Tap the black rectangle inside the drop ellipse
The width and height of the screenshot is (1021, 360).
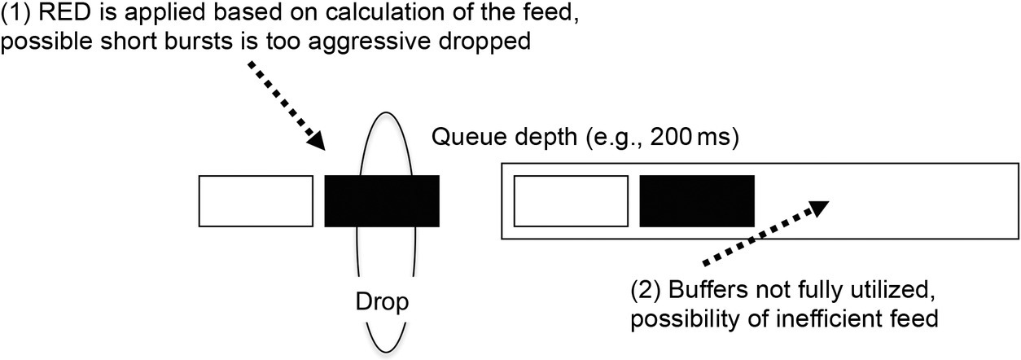click(382, 200)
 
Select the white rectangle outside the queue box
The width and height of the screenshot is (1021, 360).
click(256, 200)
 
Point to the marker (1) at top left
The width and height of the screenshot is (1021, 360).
click(15, 15)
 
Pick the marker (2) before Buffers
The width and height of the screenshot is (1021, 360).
click(647, 290)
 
